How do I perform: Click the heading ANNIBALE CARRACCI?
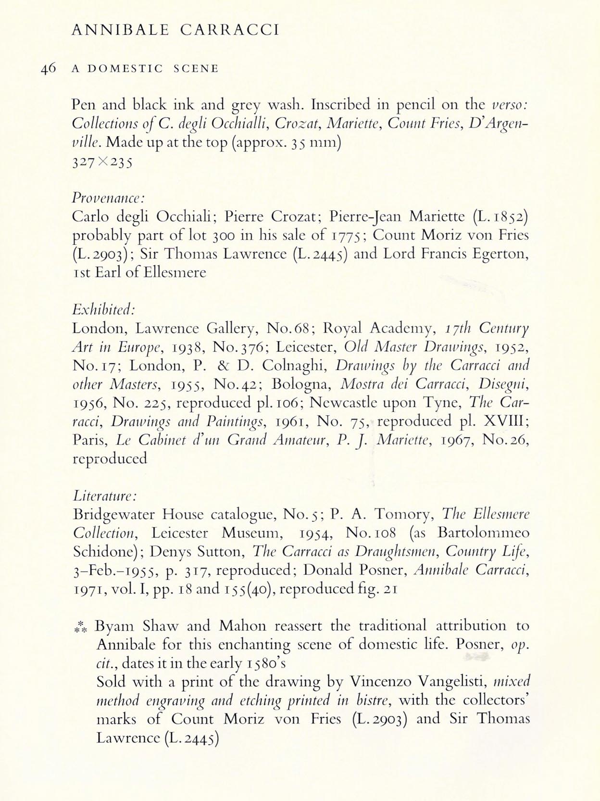pos(175,30)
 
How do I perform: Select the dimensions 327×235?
pos(102,162)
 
